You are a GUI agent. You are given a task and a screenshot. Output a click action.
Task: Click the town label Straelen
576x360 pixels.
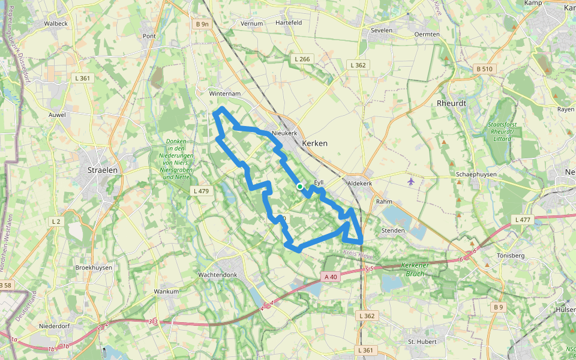[103, 170]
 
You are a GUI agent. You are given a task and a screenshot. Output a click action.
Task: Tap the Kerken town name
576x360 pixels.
[315, 143]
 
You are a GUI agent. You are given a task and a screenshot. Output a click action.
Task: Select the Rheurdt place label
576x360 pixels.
[451, 103]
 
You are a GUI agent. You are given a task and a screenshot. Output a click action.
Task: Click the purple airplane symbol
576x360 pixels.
[410, 181]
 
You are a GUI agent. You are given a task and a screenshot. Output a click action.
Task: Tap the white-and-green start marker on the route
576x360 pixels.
[300, 187]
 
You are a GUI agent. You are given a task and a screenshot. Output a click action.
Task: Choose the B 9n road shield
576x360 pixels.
[202, 24]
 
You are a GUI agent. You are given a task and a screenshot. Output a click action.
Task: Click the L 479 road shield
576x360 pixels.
[201, 191]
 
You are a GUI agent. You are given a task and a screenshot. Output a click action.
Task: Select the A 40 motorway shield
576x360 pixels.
[331, 277]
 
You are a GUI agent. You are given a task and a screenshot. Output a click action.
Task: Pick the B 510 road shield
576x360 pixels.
[484, 69]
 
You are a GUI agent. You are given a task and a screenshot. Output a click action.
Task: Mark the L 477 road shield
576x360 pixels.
[523, 220]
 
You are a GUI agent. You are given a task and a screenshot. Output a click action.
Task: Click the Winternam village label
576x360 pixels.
[224, 94]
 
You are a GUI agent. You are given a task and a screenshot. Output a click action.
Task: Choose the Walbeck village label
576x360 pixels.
[56, 23]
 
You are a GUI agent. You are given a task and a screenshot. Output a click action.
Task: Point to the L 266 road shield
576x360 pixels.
[302, 59]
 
